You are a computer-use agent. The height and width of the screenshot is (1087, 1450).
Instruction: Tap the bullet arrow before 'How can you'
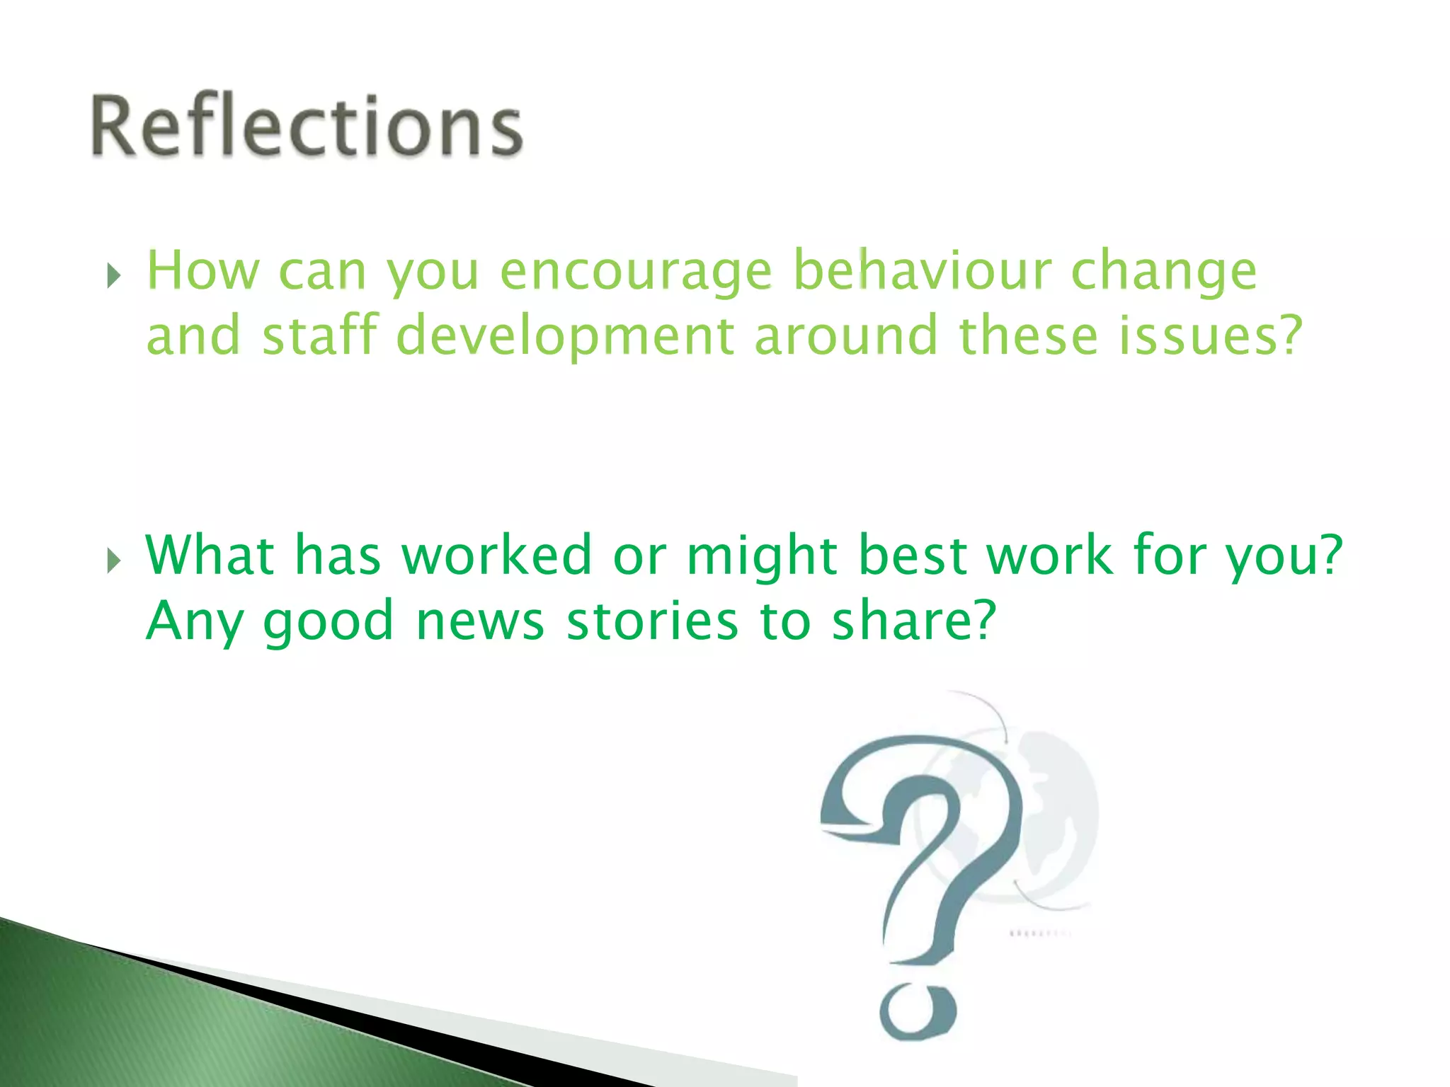[x=113, y=276]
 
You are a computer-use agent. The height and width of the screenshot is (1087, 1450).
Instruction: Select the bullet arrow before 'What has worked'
[x=113, y=560]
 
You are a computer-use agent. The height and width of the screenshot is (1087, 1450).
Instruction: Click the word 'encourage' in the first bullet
[x=635, y=272]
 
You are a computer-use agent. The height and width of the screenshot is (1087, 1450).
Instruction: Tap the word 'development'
[x=565, y=336]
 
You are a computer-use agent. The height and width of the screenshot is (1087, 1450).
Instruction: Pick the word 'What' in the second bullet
[x=210, y=555]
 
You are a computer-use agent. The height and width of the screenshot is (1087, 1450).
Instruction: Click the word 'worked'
[x=496, y=555]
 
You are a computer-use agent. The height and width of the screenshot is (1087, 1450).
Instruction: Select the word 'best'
[x=912, y=555]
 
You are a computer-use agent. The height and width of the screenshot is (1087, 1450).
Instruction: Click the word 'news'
[x=479, y=621]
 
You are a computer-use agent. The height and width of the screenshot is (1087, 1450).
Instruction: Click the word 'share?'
[x=913, y=620]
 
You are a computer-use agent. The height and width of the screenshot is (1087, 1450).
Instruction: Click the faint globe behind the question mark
[x=1062, y=814]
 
